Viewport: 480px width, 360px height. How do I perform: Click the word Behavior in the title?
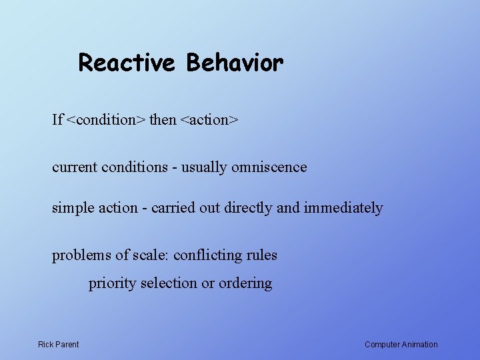tap(235, 63)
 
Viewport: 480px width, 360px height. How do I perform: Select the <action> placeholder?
tap(209, 120)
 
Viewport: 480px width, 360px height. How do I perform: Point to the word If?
tap(57, 120)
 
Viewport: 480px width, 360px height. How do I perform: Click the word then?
tap(163, 120)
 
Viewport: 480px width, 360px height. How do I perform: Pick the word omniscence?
tap(269, 167)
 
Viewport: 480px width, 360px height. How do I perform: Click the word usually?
tap(203, 167)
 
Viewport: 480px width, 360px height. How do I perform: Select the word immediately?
tap(343, 208)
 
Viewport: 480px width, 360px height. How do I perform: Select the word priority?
tap(112, 283)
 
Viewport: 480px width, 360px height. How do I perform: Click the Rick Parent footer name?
tap(58, 345)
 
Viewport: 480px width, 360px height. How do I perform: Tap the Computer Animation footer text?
tap(401, 345)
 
